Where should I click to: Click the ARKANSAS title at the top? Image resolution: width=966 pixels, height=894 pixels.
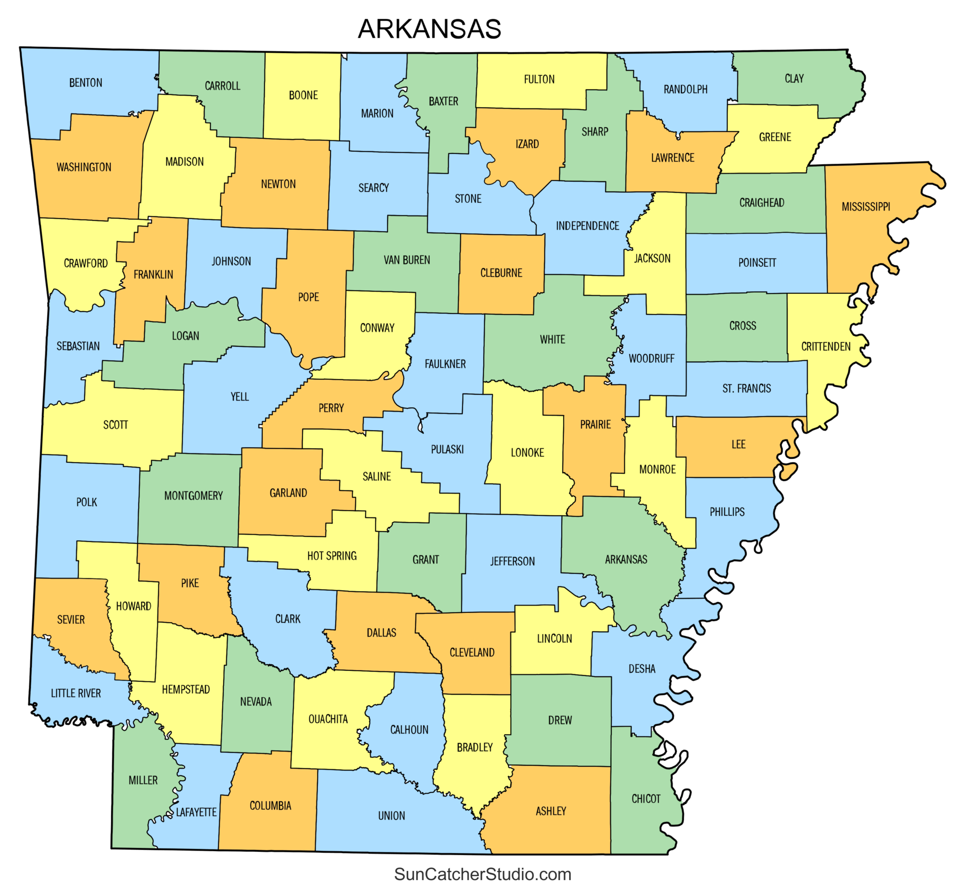click(429, 29)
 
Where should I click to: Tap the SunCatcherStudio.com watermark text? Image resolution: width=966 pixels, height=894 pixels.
click(482, 874)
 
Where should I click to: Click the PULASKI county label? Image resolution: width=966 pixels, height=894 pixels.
click(447, 450)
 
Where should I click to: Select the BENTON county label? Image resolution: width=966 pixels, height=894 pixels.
click(85, 83)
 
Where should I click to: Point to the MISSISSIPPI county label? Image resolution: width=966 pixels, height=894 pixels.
click(866, 207)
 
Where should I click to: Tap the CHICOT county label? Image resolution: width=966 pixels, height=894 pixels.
click(646, 799)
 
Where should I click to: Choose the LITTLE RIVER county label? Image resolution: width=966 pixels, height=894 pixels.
click(76, 693)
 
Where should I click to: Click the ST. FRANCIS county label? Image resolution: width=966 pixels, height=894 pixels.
click(746, 389)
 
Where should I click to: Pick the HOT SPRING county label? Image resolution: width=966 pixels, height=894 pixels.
click(332, 556)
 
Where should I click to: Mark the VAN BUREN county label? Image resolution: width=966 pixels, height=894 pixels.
click(407, 260)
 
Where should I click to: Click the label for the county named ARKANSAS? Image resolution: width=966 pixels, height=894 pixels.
click(626, 559)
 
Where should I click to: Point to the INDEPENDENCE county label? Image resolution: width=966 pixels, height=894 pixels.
click(587, 226)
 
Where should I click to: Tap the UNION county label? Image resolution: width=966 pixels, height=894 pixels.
click(391, 815)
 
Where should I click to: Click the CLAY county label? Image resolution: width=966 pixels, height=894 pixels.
click(794, 79)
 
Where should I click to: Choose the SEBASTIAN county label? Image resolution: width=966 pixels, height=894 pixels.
click(78, 346)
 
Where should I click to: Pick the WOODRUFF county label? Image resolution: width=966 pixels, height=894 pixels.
click(651, 359)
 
